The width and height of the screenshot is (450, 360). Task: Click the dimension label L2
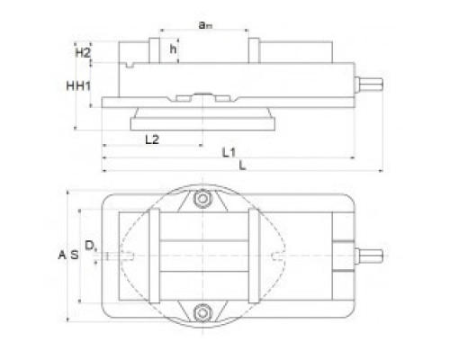click(152, 139)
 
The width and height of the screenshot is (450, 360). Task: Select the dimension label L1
click(229, 153)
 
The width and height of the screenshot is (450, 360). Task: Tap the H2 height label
click(82, 53)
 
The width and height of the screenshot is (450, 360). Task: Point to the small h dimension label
click(173, 49)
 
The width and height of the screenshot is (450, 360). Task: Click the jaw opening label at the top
click(205, 25)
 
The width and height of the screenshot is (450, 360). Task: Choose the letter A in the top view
click(62, 255)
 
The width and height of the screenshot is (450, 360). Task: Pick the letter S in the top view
click(75, 255)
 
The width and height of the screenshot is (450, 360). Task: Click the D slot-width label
click(90, 246)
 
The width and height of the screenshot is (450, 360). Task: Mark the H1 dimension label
click(83, 86)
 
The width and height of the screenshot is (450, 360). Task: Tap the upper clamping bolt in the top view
click(202, 198)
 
